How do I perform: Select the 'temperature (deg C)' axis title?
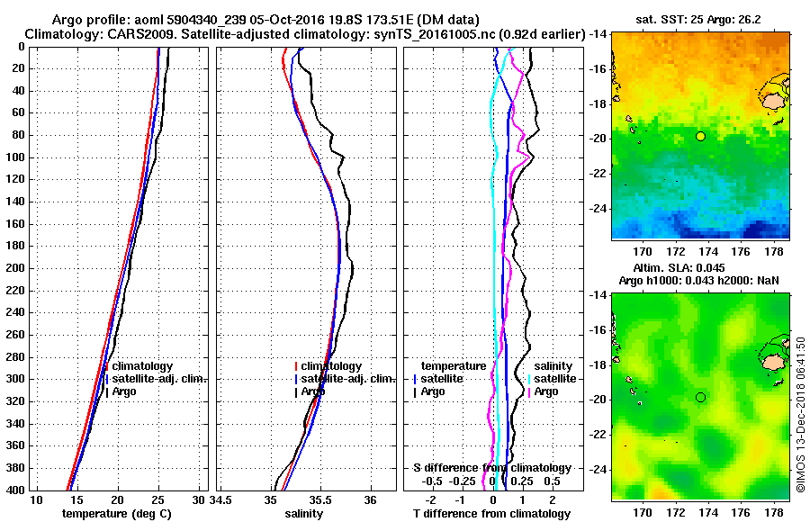point(116,513)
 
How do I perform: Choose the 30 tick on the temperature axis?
point(199,499)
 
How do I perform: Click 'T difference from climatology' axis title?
point(491,513)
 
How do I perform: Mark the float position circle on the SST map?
point(700,136)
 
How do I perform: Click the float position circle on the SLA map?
point(700,397)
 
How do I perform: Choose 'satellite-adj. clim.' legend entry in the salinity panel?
point(346,379)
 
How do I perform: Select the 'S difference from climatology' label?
point(491,468)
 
